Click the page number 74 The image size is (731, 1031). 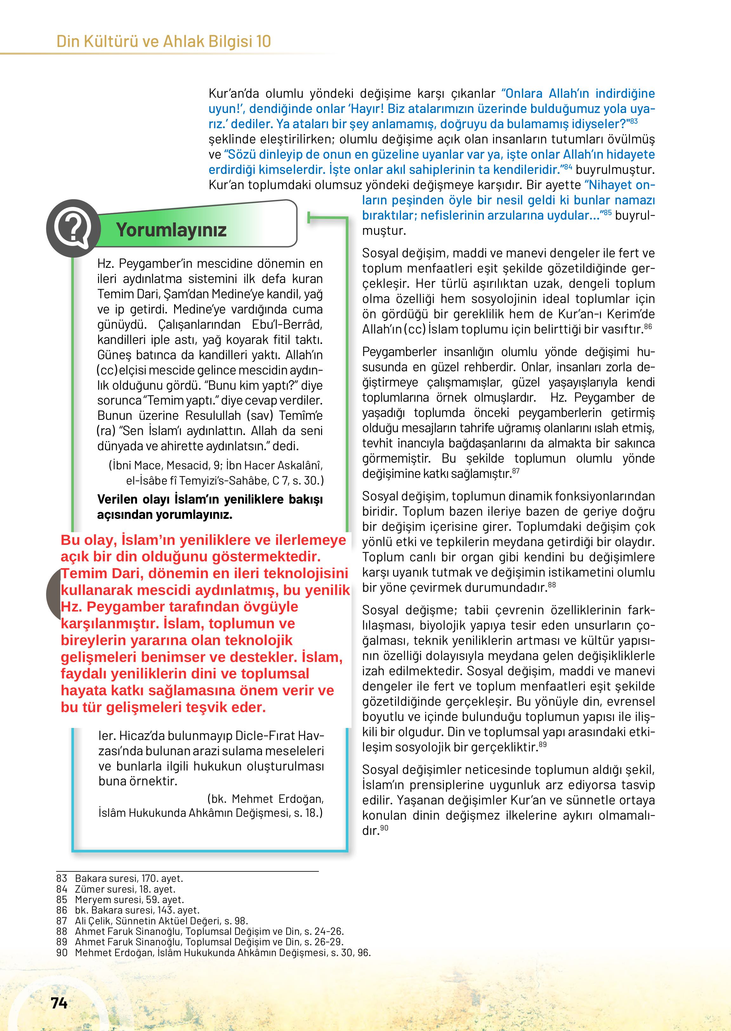[59, 1003]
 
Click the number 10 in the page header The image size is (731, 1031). [263, 42]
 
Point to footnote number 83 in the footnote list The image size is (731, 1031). [62, 878]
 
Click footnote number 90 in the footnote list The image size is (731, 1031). [62, 952]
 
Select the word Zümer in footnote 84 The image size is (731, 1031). [88, 889]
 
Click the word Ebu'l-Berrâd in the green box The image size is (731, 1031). [287, 325]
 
